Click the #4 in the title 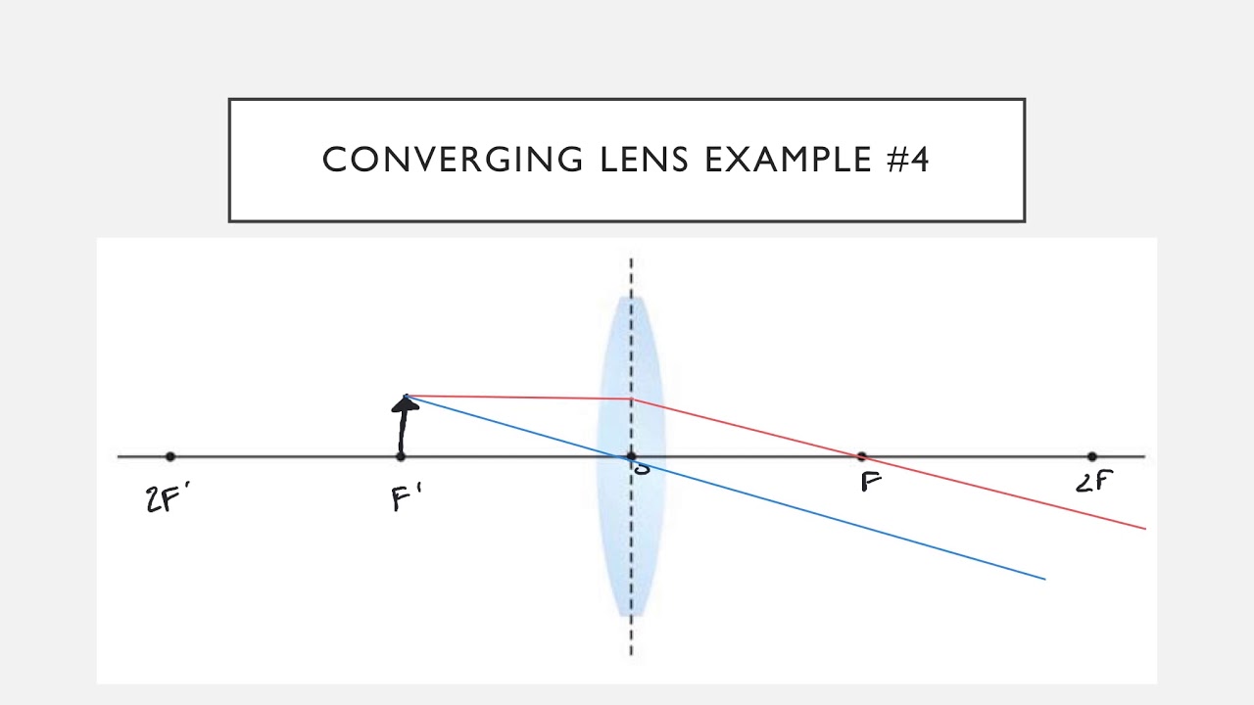pyautogui.click(x=907, y=160)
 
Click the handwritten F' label pyautogui.click(x=406, y=498)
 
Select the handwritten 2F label pyautogui.click(x=1094, y=481)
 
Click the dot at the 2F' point pyautogui.click(x=170, y=456)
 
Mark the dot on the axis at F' pyautogui.click(x=401, y=456)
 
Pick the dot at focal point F pyautogui.click(x=861, y=456)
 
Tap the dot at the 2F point pyautogui.click(x=1092, y=456)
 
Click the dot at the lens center pyautogui.click(x=631, y=456)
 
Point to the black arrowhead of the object pyautogui.click(x=405, y=402)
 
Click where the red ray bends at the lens pyautogui.click(x=631, y=399)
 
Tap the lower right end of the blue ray pyautogui.click(x=1044, y=579)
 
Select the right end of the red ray pyautogui.click(x=1144, y=528)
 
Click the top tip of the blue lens pyautogui.click(x=631, y=297)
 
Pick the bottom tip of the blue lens pyautogui.click(x=631, y=616)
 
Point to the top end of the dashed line pyautogui.click(x=631, y=259)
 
